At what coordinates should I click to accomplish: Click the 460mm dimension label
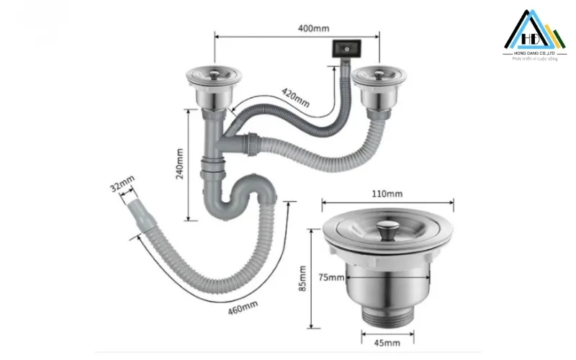coord(242,308)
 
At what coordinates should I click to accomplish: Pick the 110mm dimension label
coord(387,194)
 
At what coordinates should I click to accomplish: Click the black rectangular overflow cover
coord(345,48)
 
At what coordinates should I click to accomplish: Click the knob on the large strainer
coord(387,229)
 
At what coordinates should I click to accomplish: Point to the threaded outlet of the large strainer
coord(387,317)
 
